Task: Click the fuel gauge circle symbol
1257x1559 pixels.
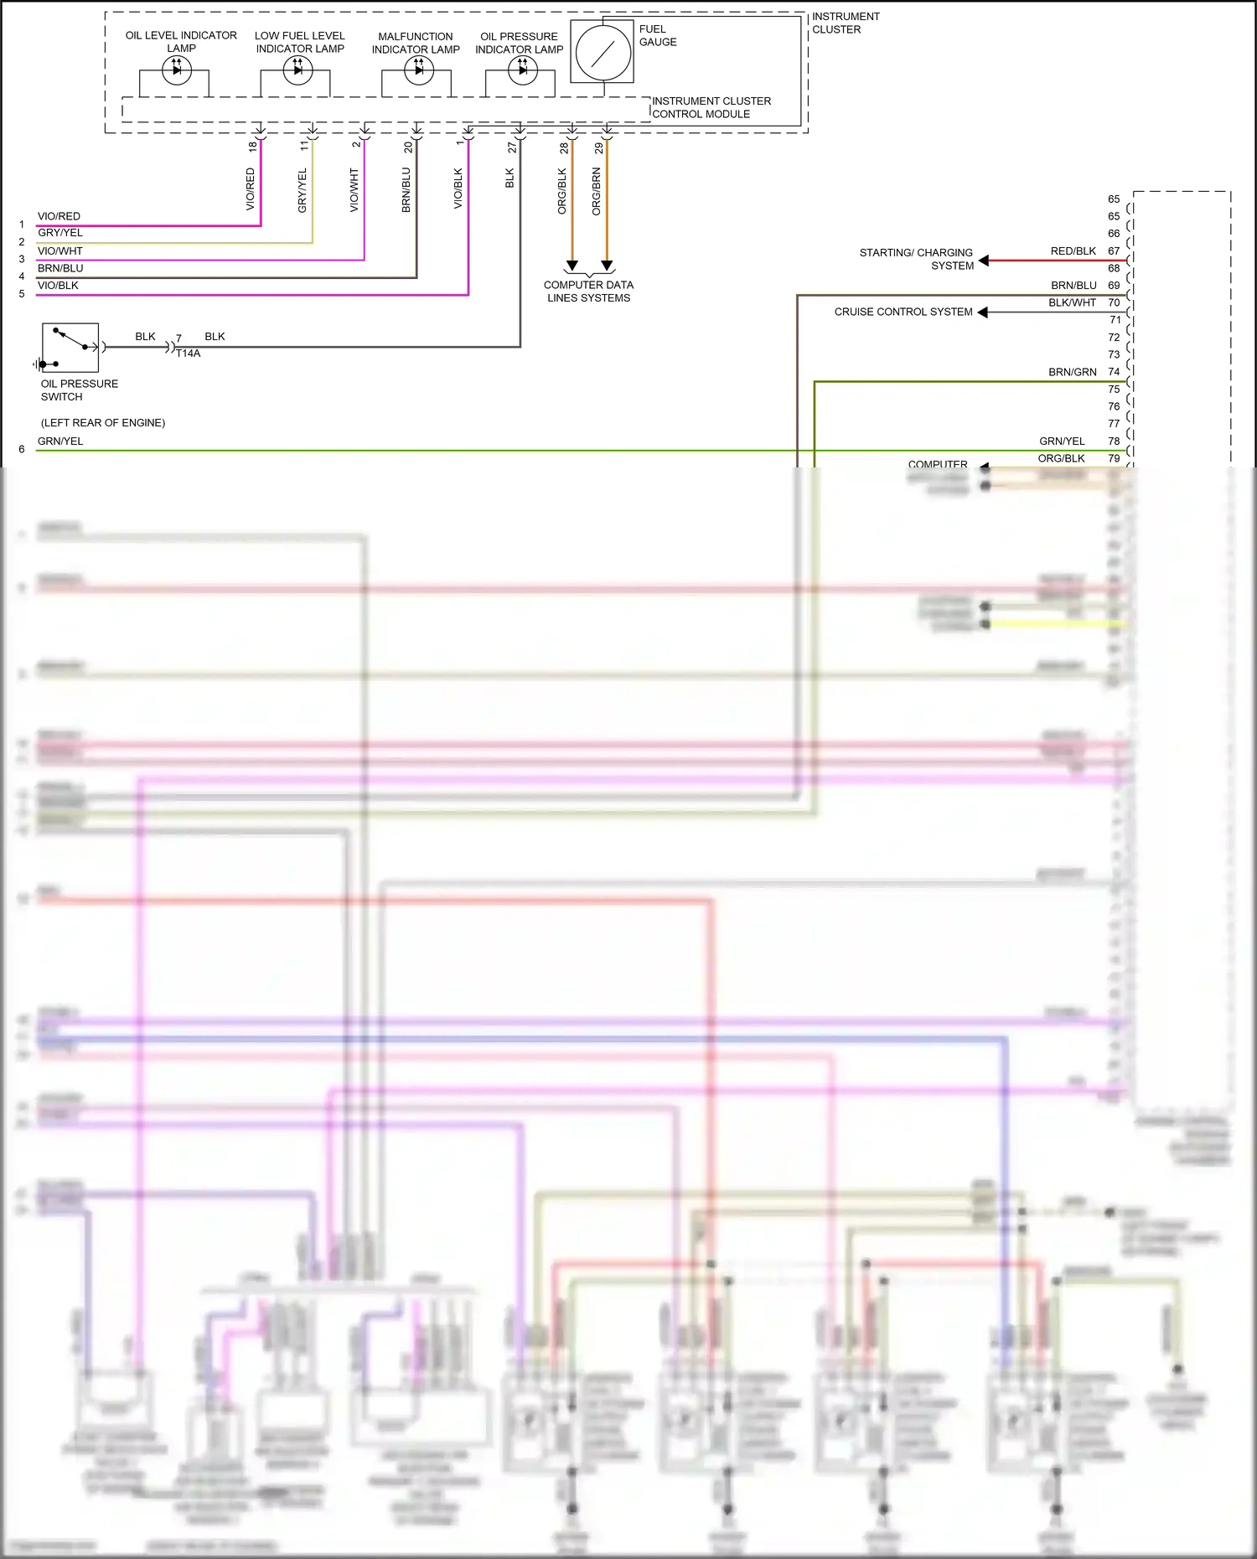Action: [603, 53]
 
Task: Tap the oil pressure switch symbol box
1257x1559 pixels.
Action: [70, 348]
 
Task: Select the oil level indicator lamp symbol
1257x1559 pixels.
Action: [176, 70]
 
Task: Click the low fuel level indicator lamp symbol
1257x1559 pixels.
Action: [297, 70]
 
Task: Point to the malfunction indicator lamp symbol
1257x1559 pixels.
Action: [418, 70]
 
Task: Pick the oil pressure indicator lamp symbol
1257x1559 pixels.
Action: [522, 70]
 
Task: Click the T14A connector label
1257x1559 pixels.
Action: [188, 354]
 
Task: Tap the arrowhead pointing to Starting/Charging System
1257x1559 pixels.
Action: [984, 261]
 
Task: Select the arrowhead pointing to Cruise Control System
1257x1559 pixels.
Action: [983, 312]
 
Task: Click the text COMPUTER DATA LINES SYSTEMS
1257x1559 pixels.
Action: [588, 292]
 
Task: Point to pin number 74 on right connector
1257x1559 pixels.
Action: [1114, 372]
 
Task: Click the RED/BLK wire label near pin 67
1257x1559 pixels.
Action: [1073, 251]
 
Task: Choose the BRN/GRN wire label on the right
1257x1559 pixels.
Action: [1072, 372]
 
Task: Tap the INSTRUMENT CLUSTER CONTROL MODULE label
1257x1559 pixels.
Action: [711, 107]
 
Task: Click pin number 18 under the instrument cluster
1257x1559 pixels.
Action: [252, 147]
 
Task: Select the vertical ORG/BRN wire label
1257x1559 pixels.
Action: [597, 192]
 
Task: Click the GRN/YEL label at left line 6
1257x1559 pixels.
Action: [60, 441]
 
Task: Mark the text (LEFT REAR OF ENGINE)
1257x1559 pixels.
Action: [103, 423]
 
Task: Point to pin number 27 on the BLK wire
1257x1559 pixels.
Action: [511, 147]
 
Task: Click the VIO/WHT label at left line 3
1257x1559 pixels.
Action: [60, 251]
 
